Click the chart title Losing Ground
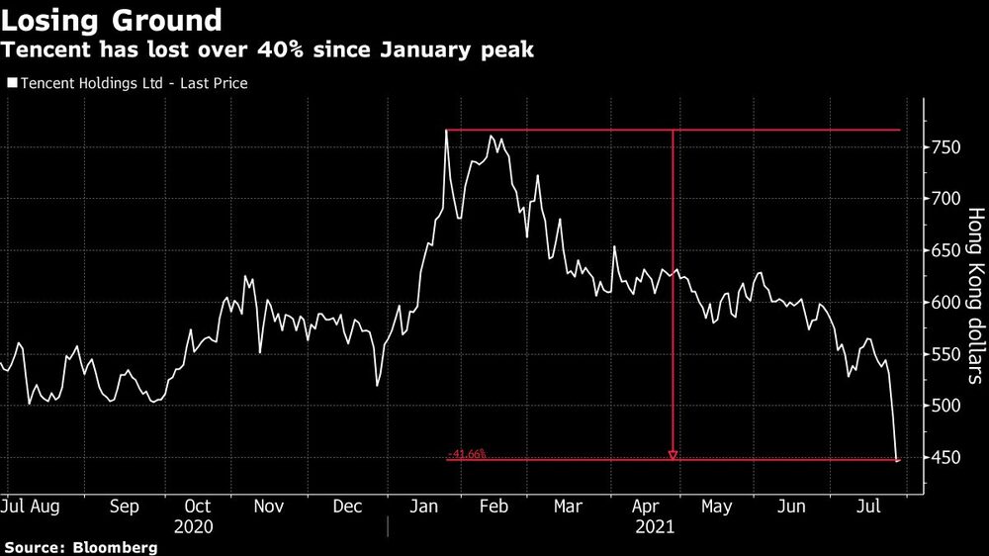[111, 19]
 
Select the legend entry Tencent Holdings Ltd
[127, 84]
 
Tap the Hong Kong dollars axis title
[973, 295]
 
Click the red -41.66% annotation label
[467, 454]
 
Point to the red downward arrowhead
[673, 455]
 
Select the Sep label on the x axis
[124, 507]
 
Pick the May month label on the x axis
[716, 507]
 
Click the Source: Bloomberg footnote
[80, 547]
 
